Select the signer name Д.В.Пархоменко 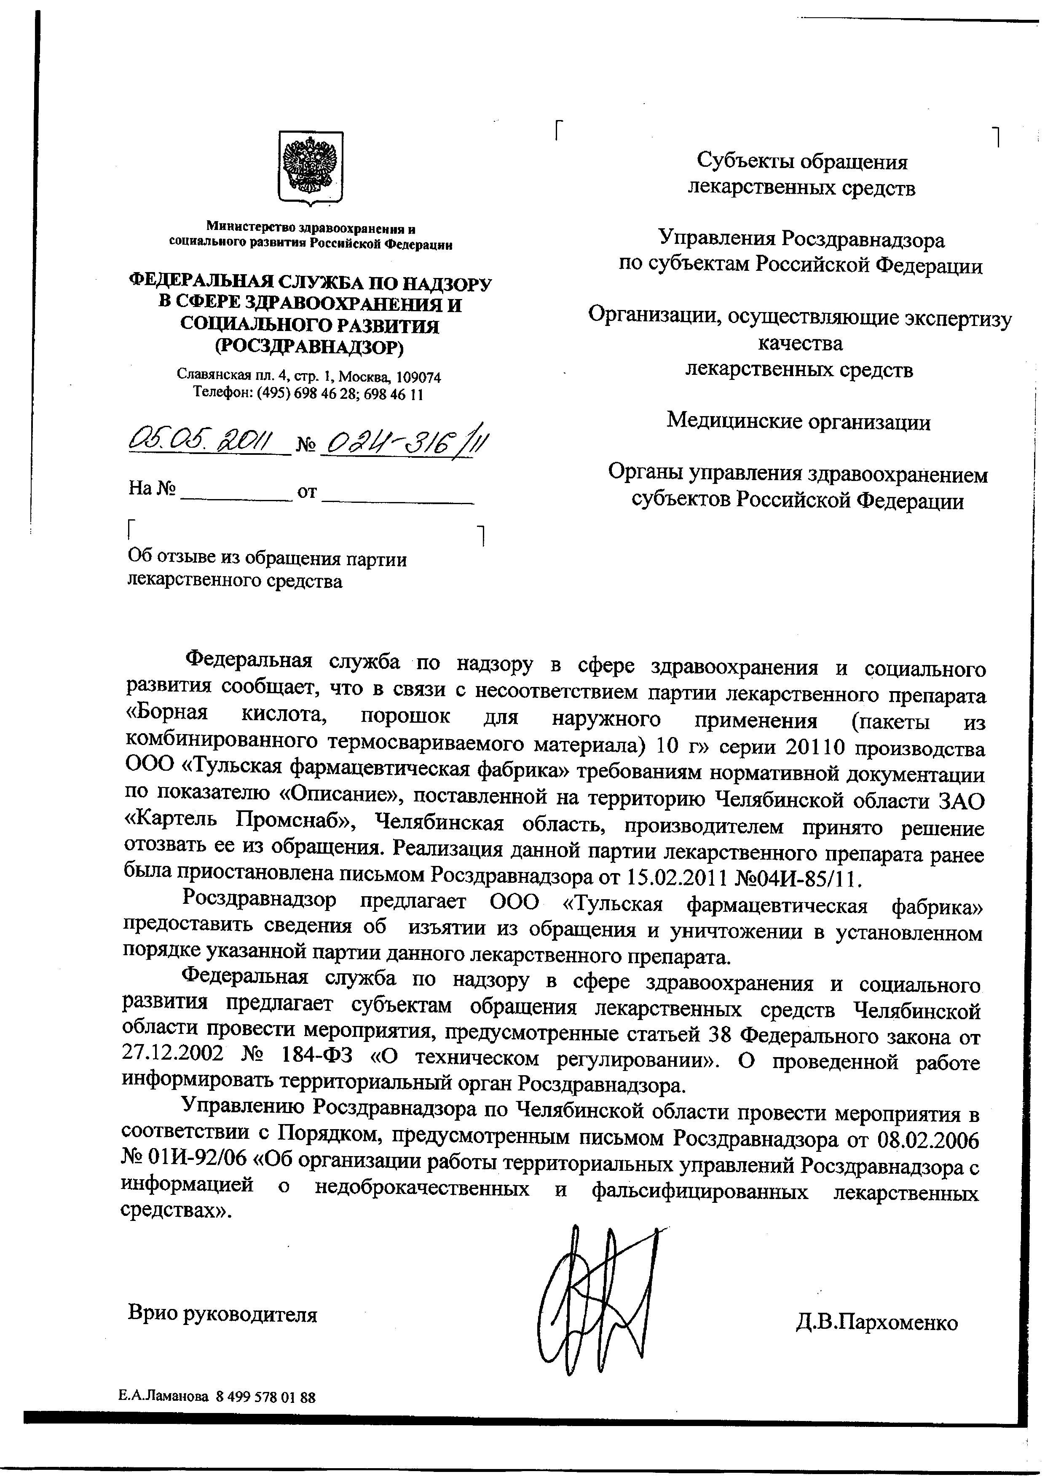[x=876, y=1322]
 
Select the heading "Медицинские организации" [x=798, y=422]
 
